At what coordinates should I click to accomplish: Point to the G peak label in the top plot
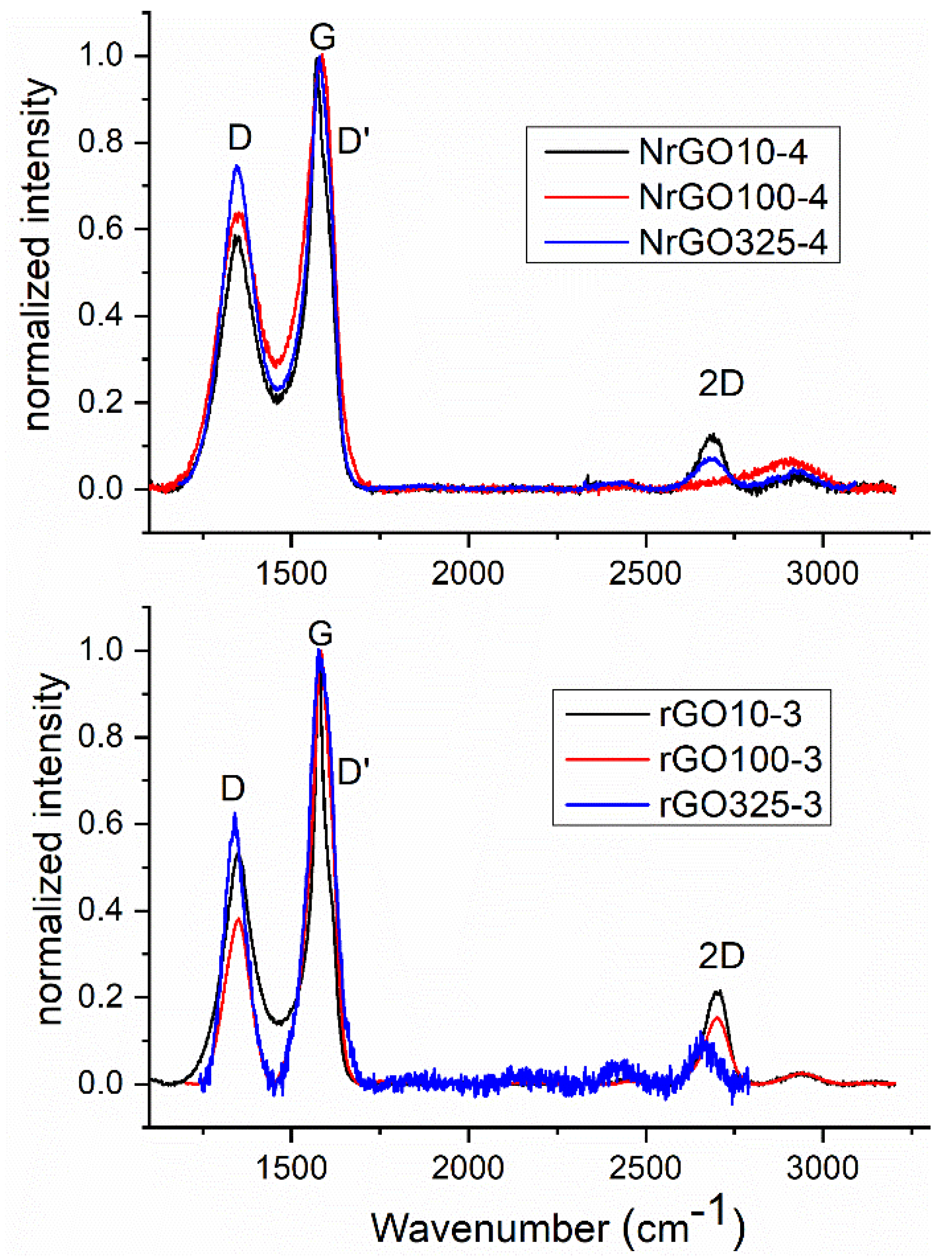point(322,37)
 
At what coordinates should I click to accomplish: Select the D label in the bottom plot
point(233,788)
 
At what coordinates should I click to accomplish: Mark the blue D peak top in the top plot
point(237,166)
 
